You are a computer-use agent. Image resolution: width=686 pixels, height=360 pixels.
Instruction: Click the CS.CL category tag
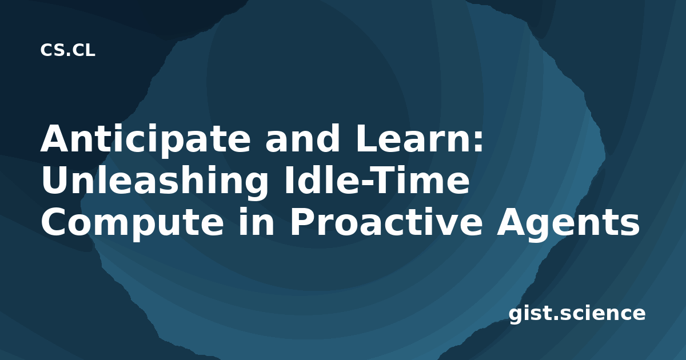tap(67, 50)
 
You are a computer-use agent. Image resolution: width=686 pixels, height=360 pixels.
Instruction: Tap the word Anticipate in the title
tap(146, 139)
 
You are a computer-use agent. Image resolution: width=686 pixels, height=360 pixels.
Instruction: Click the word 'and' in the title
tap(302, 138)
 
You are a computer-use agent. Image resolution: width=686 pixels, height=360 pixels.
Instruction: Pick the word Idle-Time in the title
tap(377, 180)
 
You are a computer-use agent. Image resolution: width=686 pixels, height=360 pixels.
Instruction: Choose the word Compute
tap(132, 223)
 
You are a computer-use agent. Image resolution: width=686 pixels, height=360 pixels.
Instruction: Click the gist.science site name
tap(577, 314)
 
